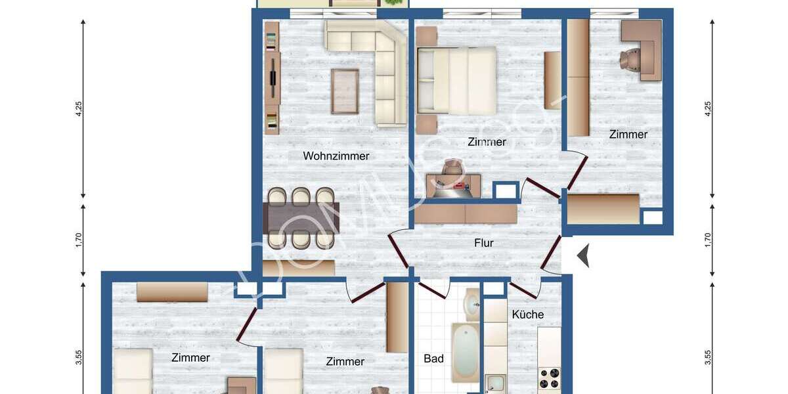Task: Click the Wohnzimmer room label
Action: pyautogui.click(x=336, y=156)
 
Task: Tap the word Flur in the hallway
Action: pyautogui.click(x=483, y=243)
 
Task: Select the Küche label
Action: pyautogui.click(x=527, y=315)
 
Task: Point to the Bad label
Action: pyautogui.click(x=433, y=359)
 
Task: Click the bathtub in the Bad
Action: pyautogui.click(x=466, y=353)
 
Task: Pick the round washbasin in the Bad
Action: pyautogui.click(x=471, y=303)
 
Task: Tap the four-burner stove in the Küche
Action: pyautogui.click(x=548, y=378)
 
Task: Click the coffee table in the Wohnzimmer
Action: pyautogui.click(x=345, y=90)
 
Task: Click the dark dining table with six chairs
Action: pyautogui.click(x=301, y=218)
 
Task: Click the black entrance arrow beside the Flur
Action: pyautogui.click(x=582, y=255)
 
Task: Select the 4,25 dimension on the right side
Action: pyautogui.click(x=707, y=108)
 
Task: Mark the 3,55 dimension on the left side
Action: pyautogui.click(x=79, y=357)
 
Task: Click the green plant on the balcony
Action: pyautogui.click(x=392, y=3)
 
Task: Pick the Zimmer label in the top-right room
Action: pyautogui.click(x=628, y=135)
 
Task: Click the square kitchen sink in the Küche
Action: pyautogui.click(x=495, y=383)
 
